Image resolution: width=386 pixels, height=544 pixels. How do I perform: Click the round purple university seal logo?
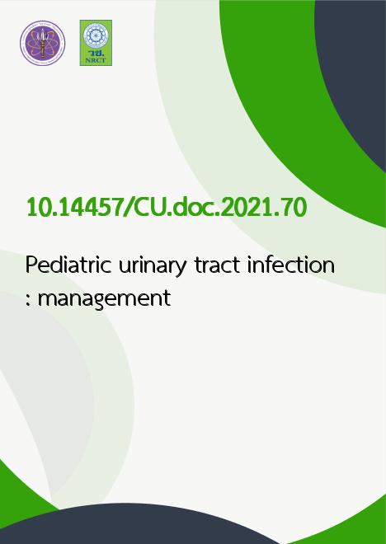43,43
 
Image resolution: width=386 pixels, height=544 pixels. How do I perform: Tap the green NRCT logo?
96,43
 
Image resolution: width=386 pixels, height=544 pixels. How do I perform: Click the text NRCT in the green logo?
96,60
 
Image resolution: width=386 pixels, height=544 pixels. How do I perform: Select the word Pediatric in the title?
68,265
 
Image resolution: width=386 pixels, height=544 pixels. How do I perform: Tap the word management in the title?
104,299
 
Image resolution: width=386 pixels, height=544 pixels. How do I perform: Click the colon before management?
29,298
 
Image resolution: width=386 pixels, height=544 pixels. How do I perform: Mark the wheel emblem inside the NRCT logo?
96,36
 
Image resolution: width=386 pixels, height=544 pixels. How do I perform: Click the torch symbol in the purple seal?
42,43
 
